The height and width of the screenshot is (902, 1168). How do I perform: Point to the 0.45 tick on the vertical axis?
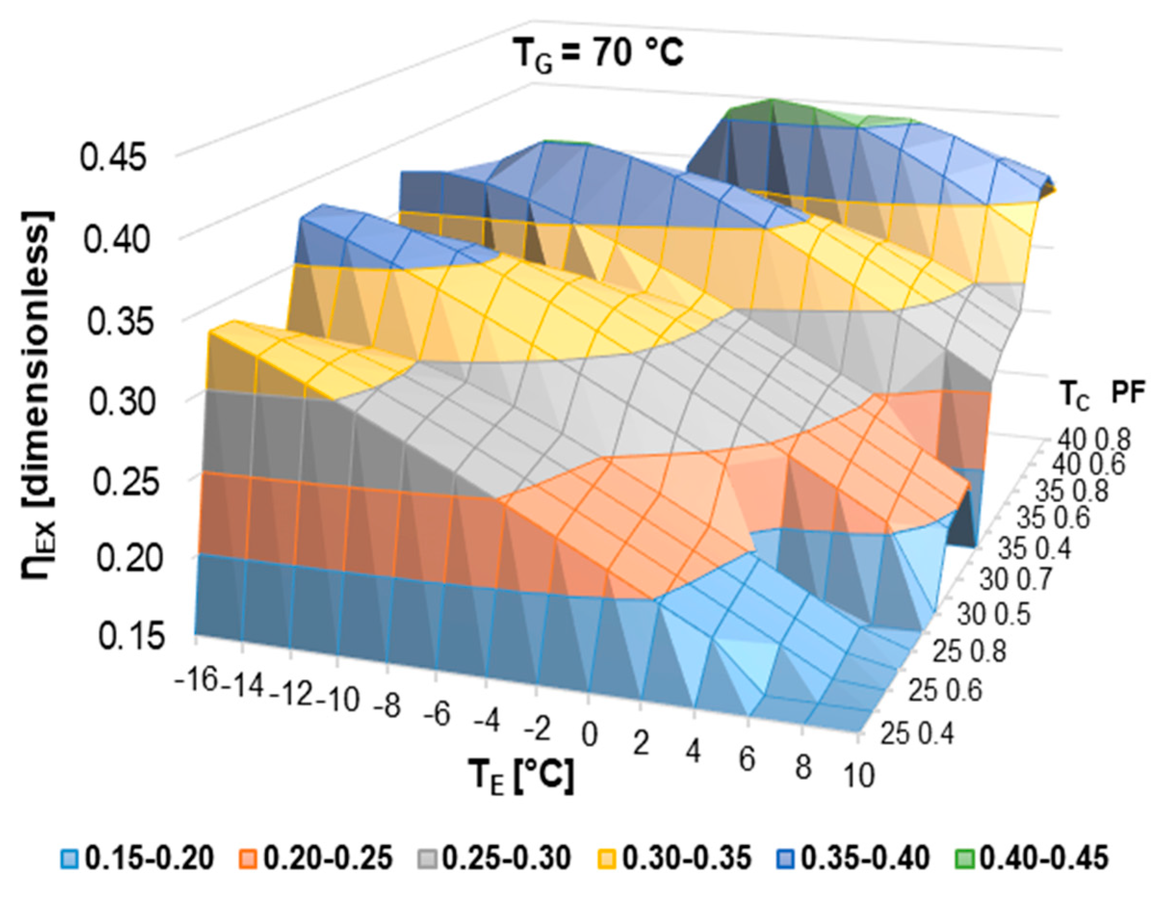(x=113, y=159)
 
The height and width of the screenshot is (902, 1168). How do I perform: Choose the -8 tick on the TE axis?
(x=387, y=706)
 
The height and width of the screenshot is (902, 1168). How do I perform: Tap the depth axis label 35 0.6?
(x=1052, y=518)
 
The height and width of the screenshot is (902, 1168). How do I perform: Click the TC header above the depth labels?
(x=1073, y=396)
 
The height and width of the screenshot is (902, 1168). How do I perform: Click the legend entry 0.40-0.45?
(x=1032, y=859)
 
